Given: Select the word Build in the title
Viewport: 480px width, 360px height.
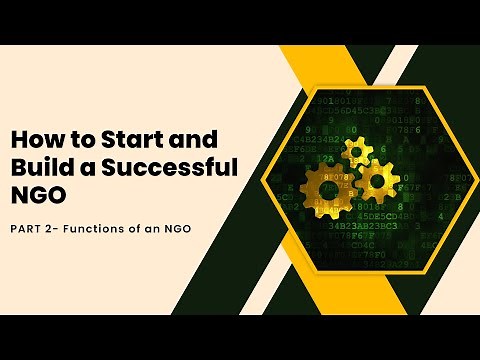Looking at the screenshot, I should [x=40, y=166].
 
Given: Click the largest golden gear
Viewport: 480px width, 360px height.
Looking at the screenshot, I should [x=328, y=189].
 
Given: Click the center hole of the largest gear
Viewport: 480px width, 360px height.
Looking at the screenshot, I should [x=328, y=189].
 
